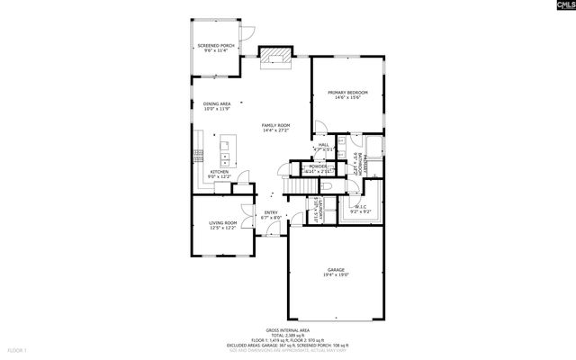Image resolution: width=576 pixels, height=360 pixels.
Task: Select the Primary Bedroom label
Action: pos(347,94)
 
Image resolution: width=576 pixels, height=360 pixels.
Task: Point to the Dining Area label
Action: pos(217,106)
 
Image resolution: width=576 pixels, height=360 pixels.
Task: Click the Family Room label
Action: pos(276,127)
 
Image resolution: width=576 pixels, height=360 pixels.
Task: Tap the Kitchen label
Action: pos(219,174)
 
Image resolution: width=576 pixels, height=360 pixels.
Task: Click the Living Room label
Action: pos(223,225)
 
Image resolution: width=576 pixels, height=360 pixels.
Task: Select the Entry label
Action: pos(271,215)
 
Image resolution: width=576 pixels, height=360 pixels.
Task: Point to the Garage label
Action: pos(336,273)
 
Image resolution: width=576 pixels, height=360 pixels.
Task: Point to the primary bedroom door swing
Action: pos(319,129)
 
